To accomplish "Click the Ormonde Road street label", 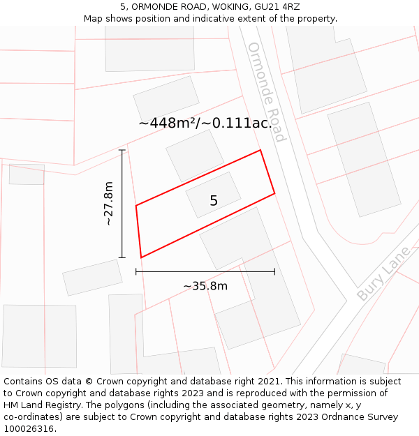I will (x=267, y=92).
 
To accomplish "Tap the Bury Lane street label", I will (x=383, y=273).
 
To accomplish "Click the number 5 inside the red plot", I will (x=214, y=201).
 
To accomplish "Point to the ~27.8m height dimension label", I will (x=108, y=204).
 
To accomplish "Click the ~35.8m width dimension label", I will (x=205, y=286).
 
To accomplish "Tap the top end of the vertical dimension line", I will (x=122, y=150).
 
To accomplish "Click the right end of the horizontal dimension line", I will (x=274, y=271).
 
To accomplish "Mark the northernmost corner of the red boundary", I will (x=260, y=150).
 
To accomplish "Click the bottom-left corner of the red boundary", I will (x=141, y=257).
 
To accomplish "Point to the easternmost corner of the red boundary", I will (x=274, y=193).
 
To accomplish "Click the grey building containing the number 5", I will (x=213, y=195).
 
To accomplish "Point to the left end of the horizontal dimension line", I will (x=136, y=271).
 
